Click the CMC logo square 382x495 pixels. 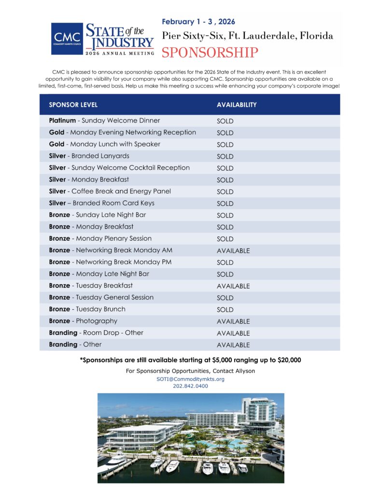[67, 38]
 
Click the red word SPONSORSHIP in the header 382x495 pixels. [210, 53]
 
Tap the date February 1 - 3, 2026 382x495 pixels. [198, 22]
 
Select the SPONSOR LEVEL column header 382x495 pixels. [73, 104]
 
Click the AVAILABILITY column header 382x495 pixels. [237, 104]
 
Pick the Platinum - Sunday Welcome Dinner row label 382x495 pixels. [104, 120]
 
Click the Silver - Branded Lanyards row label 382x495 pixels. [89, 156]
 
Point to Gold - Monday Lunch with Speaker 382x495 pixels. [104, 144]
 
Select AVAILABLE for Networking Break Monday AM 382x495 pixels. [233, 251]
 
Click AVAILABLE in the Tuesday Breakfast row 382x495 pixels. [233, 286]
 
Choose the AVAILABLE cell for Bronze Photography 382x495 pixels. [233, 321]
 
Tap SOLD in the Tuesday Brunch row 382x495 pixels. [225, 310]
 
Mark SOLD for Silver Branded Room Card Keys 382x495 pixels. [225, 204]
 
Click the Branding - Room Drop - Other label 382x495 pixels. [96, 333]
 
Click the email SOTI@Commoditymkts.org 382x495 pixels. [190, 379]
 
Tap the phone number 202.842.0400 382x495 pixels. [190, 386]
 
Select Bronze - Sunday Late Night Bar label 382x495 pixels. [97, 215]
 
